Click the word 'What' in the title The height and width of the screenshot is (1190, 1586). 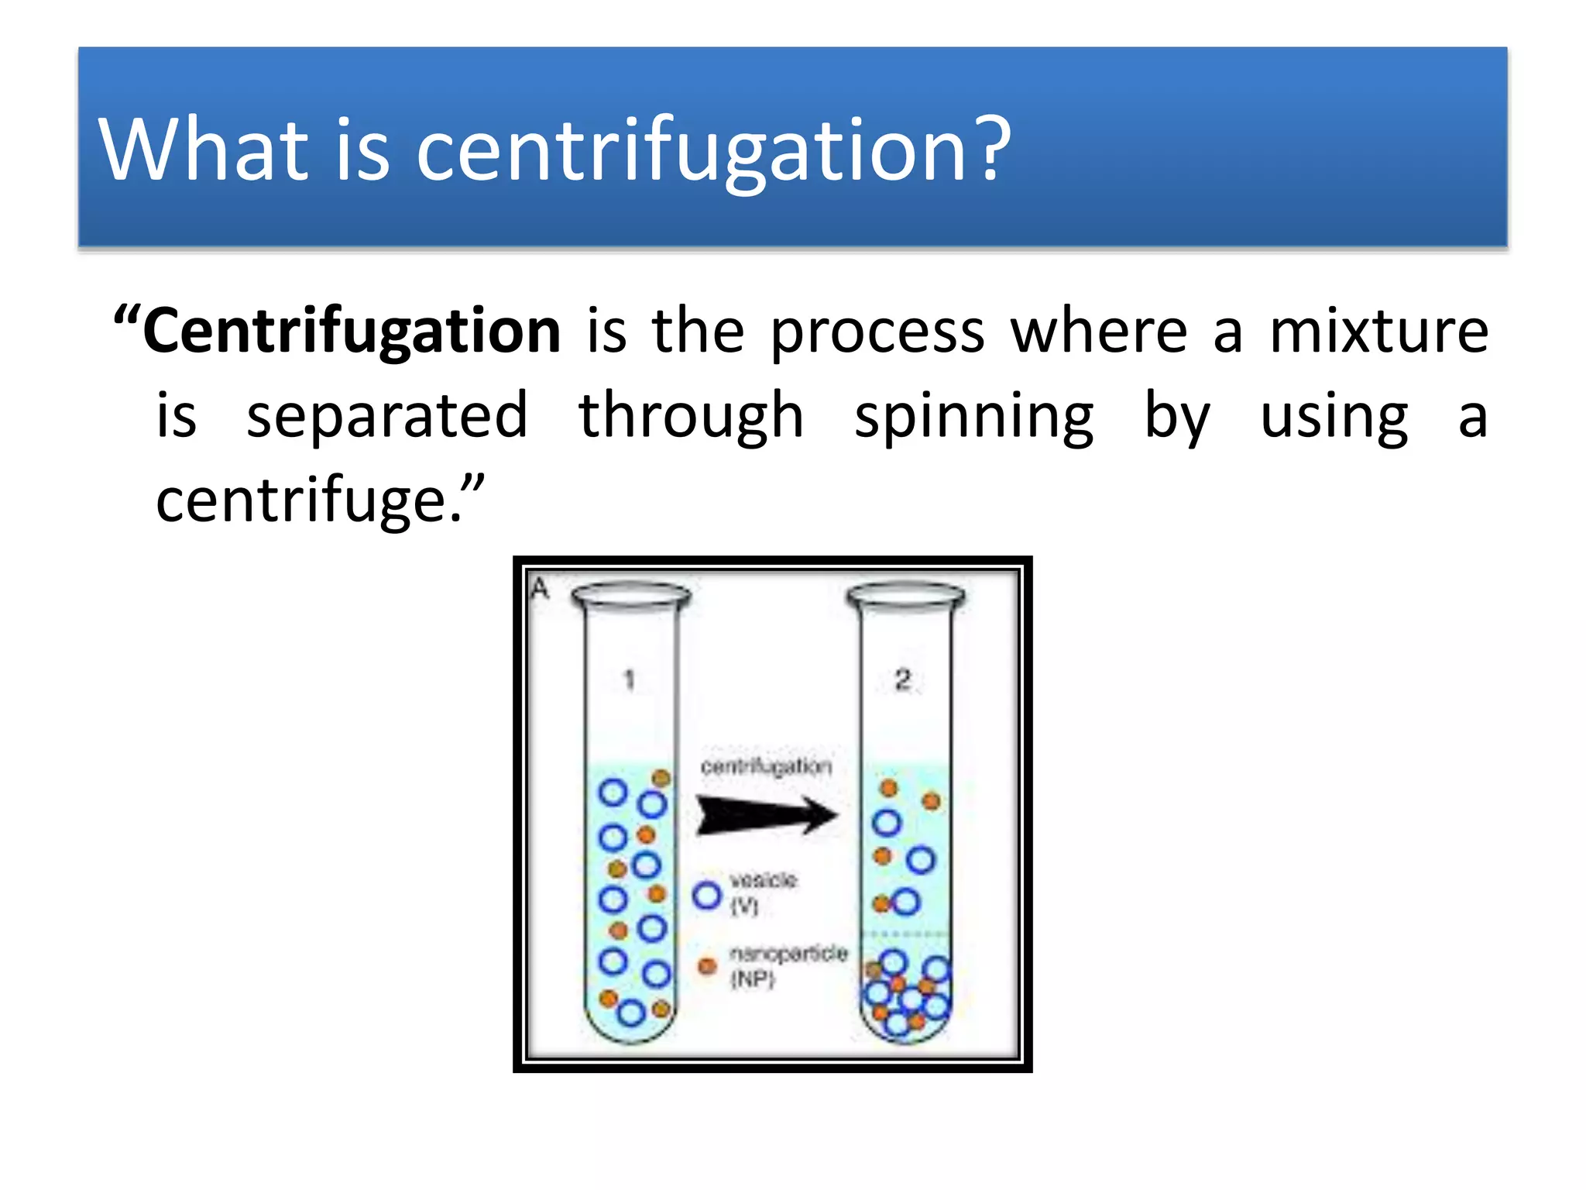(x=204, y=149)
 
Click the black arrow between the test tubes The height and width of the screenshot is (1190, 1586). (x=767, y=815)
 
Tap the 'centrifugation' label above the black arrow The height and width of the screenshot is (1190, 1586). (x=766, y=766)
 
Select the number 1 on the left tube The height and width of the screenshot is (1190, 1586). (x=630, y=680)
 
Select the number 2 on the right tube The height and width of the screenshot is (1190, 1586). (x=903, y=680)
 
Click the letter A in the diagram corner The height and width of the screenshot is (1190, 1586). (x=540, y=589)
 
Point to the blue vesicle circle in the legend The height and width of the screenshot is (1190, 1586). (x=707, y=896)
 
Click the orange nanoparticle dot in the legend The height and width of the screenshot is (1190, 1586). (x=707, y=966)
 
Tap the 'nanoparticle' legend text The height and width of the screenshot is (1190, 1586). (x=788, y=953)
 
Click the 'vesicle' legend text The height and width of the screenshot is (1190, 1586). (x=763, y=880)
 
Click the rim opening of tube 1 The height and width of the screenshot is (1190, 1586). (x=630, y=596)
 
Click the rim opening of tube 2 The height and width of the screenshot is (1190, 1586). (x=906, y=596)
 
